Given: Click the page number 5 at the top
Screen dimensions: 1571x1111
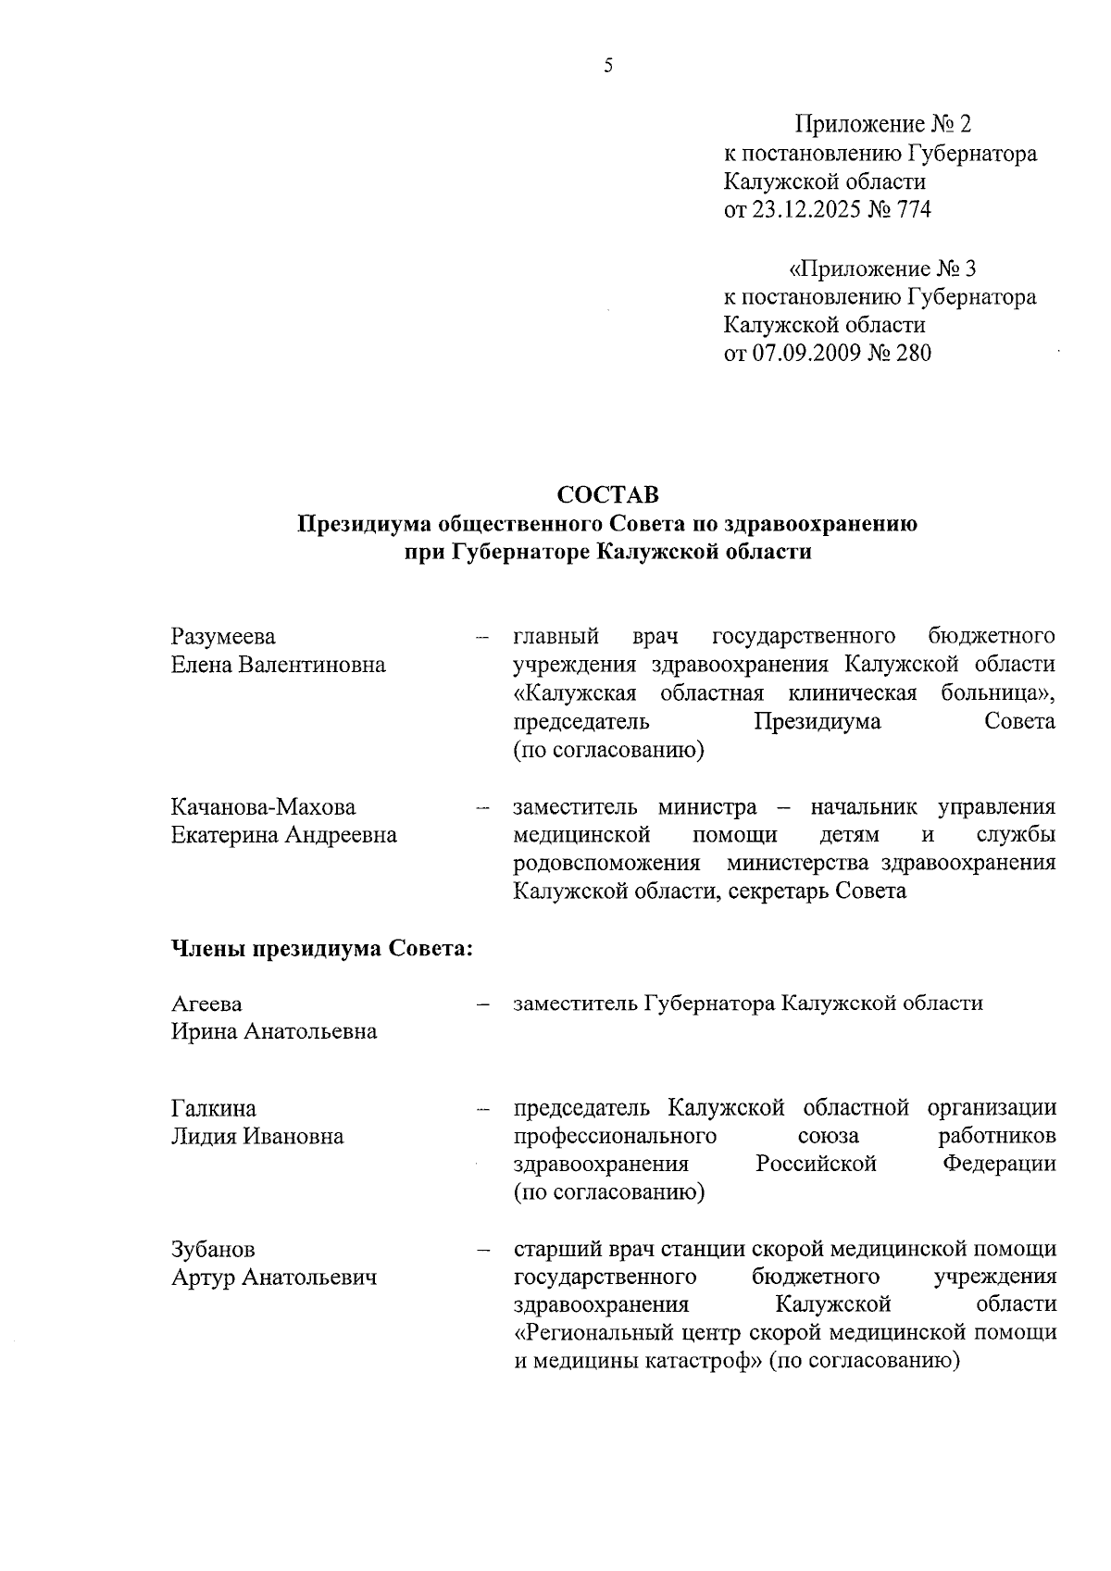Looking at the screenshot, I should pyautogui.click(x=608, y=66).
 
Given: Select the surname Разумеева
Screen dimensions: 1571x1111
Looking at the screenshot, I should pyautogui.click(x=223, y=637).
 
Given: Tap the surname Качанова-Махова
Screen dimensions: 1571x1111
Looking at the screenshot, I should pyautogui.click(x=263, y=807).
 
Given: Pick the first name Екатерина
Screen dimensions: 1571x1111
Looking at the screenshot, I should pyautogui.click(x=224, y=835).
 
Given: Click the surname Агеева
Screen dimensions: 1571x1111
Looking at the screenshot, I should pyautogui.click(x=206, y=1004).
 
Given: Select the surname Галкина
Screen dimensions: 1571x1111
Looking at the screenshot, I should pyautogui.click(x=214, y=1108).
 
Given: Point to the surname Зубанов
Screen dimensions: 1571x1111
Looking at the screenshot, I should pyautogui.click(x=213, y=1250).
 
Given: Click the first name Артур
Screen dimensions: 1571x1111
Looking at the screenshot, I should pyautogui.click(x=204, y=1278).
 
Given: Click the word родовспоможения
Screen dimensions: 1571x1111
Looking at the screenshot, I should pyautogui.click(x=606, y=864).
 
